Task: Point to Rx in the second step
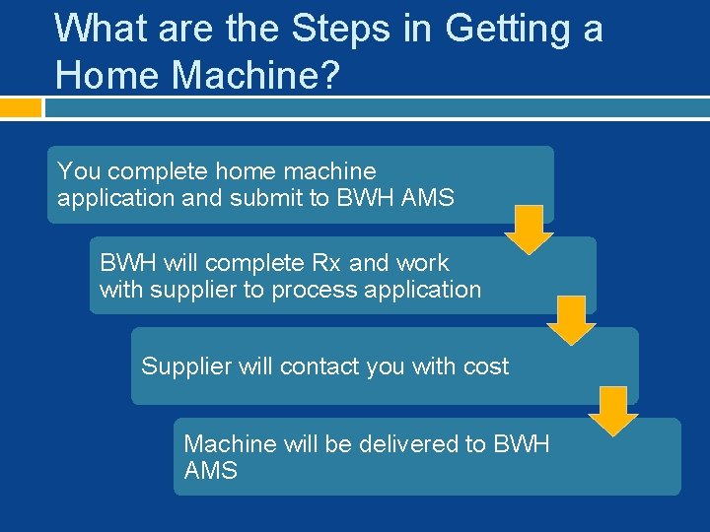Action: tap(326, 263)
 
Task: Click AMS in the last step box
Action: tap(211, 471)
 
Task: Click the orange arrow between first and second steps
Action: tap(531, 229)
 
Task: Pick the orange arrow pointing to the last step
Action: tap(613, 410)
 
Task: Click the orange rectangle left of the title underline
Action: tap(21, 106)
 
